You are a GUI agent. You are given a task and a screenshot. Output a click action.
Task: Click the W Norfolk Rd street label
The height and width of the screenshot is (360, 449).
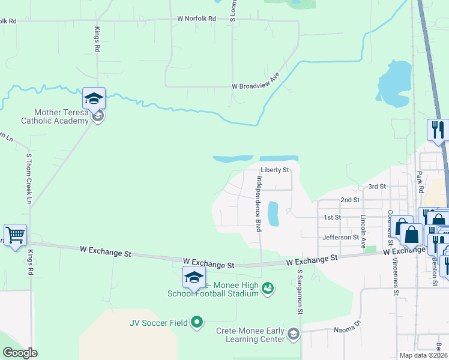coord(196,19)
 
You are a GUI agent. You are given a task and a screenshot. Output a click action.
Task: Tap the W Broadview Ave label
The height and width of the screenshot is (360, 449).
coord(256,86)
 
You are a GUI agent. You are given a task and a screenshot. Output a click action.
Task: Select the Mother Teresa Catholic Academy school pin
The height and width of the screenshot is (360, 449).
coord(94,100)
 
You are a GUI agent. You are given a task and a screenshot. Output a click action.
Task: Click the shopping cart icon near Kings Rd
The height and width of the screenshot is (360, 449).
coord(15,235)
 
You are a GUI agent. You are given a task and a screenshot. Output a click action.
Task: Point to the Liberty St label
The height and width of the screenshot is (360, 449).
coord(275,170)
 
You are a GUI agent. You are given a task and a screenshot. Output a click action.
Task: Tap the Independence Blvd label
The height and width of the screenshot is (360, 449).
coord(259,204)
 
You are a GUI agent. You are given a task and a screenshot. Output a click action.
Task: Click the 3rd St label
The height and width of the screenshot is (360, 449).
coord(376,187)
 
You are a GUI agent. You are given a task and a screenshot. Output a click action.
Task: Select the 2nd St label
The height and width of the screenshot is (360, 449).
coord(349,199)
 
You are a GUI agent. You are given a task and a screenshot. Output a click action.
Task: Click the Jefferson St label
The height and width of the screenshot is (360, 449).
coord(340,238)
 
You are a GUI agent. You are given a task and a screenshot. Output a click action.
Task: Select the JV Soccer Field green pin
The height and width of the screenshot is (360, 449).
coord(197,323)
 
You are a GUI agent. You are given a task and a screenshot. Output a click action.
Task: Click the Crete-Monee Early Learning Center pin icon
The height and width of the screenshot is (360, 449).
coord(294,334)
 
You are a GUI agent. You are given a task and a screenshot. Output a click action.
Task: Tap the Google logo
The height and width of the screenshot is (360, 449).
coord(20,352)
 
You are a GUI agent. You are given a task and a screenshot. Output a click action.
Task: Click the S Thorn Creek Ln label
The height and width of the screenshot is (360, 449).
coord(28,179)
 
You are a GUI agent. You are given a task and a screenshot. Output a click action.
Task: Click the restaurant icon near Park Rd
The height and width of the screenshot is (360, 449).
coord(437,129)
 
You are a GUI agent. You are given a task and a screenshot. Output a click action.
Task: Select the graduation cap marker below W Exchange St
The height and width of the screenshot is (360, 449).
coord(194,277)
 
